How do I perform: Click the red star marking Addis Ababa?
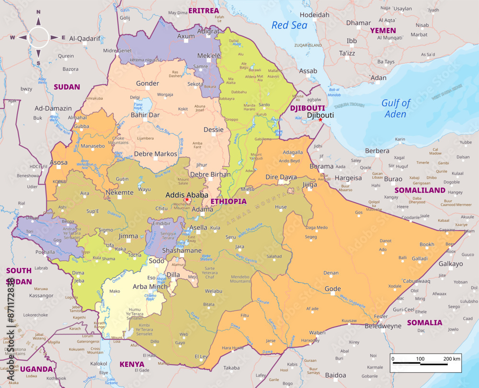pos(187,200)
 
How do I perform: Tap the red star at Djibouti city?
pos(320,120)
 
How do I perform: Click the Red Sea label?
pos(289,25)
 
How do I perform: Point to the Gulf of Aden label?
pos(396,108)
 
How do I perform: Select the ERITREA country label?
pos(204,11)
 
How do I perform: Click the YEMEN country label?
pos(383,30)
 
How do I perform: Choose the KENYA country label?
pos(132,364)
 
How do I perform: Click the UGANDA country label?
pos(36,369)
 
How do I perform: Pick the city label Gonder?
pos(147,83)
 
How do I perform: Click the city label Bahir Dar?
pos(145,115)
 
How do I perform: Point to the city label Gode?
pos(332,288)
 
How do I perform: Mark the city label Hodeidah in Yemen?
pos(314,15)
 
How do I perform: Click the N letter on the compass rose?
pos(39,12)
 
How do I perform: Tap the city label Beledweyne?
pos(383,326)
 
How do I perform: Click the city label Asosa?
pos(59,162)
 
